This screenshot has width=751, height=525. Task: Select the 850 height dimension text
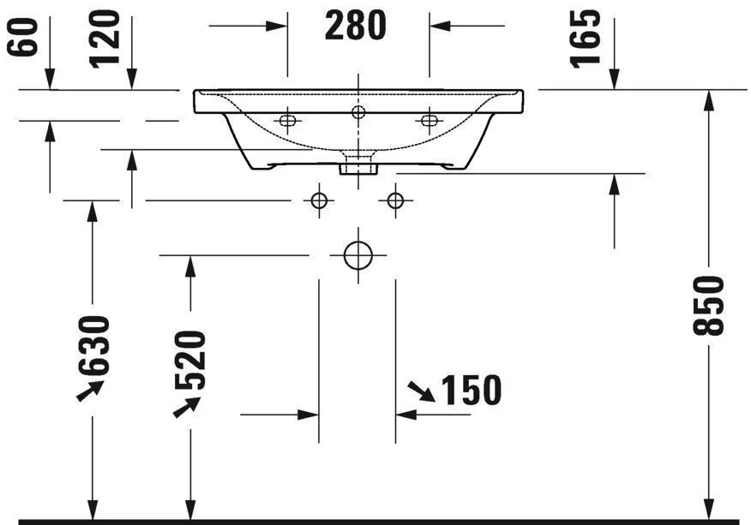[711, 306]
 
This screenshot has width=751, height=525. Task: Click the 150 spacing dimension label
[471, 391]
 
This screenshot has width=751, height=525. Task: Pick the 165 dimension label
[586, 38]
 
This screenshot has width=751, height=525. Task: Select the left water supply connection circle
[319, 200]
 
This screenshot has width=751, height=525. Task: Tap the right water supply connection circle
[394, 200]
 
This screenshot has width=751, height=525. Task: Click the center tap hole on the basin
[357, 111]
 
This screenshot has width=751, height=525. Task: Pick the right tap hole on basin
[428, 121]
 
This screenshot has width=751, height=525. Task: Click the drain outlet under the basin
[357, 164]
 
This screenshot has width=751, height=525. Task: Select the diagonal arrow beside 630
[89, 391]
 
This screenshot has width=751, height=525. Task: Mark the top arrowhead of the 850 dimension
[709, 99]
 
